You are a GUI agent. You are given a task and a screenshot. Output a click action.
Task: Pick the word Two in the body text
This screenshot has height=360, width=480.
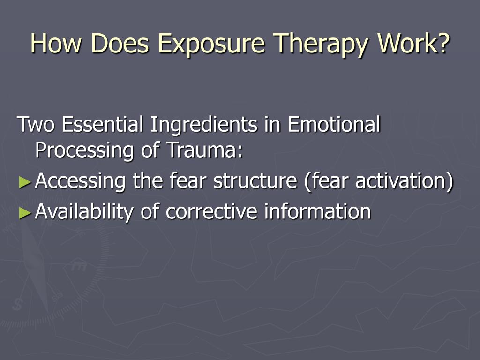(37, 125)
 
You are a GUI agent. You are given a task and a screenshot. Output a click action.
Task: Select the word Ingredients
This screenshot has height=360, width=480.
(203, 126)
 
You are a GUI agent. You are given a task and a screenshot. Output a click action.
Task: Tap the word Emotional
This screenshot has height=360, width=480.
(334, 125)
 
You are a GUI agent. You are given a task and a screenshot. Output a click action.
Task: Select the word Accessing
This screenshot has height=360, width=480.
(81, 182)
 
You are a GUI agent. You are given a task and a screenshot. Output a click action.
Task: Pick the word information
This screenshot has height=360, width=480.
(317, 212)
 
